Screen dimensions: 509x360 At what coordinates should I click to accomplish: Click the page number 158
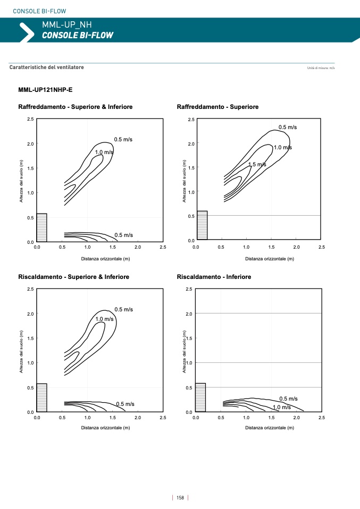(180, 498)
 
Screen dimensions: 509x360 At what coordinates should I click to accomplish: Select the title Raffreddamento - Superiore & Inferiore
(76, 107)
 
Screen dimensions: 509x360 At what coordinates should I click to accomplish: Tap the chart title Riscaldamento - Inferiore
(214, 277)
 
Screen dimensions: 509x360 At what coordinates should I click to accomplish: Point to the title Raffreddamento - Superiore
(217, 107)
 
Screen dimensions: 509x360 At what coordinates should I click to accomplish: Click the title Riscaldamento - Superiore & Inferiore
(73, 277)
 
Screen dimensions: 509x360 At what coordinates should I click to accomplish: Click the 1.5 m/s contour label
(257, 165)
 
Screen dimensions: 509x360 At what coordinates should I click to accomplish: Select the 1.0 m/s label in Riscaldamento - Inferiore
(282, 408)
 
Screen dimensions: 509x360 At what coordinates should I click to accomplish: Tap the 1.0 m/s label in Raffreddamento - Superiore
(283, 148)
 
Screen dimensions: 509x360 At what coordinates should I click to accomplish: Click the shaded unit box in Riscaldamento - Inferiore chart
(200, 397)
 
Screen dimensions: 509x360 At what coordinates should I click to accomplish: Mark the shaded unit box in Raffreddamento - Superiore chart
(202, 226)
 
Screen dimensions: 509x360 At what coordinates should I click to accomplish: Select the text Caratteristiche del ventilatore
(47, 67)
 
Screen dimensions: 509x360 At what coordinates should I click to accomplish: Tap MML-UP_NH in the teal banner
(67, 24)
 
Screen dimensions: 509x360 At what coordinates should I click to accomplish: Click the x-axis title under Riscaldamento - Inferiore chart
(269, 427)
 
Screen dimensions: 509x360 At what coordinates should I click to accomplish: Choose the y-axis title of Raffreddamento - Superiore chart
(184, 181)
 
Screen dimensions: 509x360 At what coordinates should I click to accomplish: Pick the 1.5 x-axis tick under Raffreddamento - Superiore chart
(272, 248)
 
